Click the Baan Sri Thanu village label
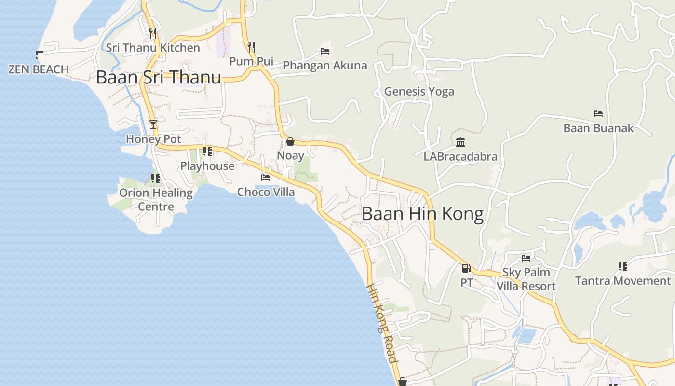[159, 77]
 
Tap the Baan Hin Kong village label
[422, 214]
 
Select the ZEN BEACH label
[39, 69]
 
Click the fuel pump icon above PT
[466, 268]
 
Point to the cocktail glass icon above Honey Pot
[153, 124]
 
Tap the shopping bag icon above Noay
[290, 141]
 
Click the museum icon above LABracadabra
[460, 142]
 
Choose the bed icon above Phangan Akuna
[325, 51]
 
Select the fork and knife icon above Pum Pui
[251, 47]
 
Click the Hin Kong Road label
[382, 322]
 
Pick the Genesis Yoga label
[419, 91]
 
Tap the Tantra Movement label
[622, 281]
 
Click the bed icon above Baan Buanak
[598, 114]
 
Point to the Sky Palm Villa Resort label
[526, 279]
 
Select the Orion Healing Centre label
[156, 200]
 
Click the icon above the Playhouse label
[207, 152]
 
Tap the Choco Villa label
[266, 192]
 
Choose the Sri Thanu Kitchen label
[153, 48]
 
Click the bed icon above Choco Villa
[266, 178]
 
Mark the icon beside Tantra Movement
[622, 266]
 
